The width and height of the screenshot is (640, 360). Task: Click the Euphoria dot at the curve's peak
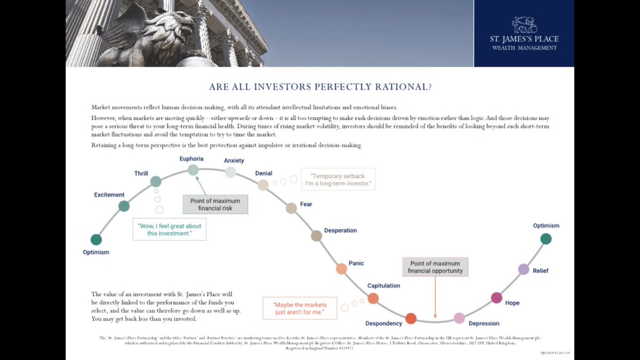(x=193, y=170)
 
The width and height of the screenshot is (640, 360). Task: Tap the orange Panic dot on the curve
(x=341, y=269)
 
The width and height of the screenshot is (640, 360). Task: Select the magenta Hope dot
(x=497, y=298)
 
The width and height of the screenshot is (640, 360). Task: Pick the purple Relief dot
(x=524, y=269)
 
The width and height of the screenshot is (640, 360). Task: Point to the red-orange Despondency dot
(x=411, y=319)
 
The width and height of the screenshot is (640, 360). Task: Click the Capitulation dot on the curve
(x=373, y=298)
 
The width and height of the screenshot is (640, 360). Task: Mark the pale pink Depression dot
(x=459, y=318)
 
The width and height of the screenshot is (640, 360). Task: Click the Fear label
(x=306, y=204)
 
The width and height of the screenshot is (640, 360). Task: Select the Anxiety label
(x=234, y=161)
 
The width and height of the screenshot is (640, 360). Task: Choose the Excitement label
(x=109, y=195)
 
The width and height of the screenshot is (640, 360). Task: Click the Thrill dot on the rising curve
(x=156, y=181)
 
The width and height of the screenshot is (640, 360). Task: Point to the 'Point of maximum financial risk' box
(x=215, y=204)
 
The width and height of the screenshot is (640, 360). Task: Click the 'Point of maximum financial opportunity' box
(x=435, y=267)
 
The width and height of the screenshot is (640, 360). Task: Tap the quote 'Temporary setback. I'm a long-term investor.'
(x=338, y=180)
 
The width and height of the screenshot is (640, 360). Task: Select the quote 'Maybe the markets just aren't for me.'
(x=300, y=308)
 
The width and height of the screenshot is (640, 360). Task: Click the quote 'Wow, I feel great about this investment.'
(x=170, y=229)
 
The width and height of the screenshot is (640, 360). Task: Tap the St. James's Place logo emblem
(x=524, y=24)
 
